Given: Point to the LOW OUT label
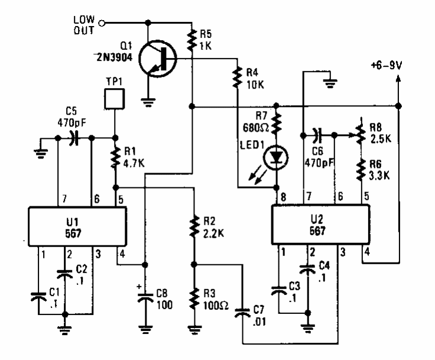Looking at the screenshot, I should pyautogui.click(x=84, y=25).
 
